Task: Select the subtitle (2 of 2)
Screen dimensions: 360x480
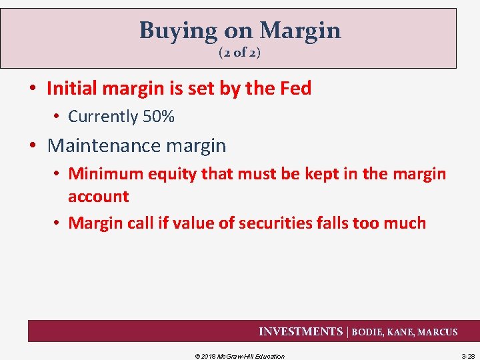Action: pos(239,53)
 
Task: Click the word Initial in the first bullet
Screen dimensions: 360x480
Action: pos(71,88)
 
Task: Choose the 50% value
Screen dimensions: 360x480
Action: pos(159,117)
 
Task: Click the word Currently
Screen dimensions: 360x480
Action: pos(103,117)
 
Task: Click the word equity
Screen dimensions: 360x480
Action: pos(166,174)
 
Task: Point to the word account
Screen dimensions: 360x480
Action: pos(99,197)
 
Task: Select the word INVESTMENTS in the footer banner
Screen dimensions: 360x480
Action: pos(300,331)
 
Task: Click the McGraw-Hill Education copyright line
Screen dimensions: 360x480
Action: pos(239,356)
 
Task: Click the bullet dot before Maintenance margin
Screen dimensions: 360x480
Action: pos(37,146)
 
